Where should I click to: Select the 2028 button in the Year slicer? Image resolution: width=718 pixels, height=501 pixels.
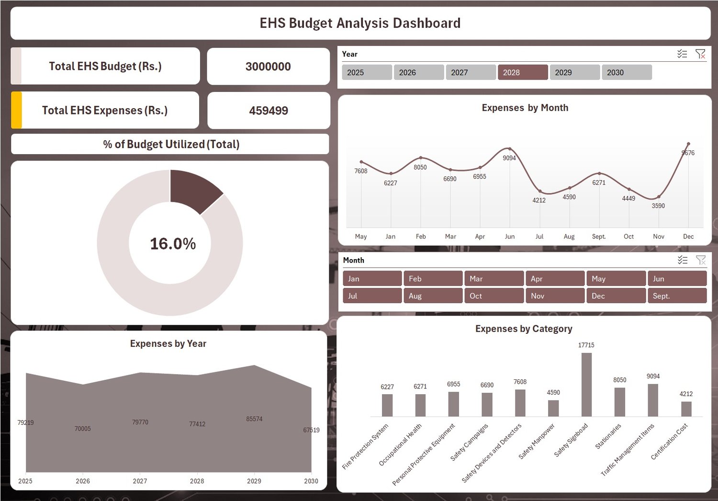click(x=523, y=72)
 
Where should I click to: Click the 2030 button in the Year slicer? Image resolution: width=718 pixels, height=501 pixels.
click(x=626, y=72)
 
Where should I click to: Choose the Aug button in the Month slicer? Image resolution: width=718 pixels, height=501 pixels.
click(x=433, y=296)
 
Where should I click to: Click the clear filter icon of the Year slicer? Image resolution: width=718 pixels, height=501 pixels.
click(x=700, y=54)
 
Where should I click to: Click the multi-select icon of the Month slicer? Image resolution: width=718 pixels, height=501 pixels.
click(x=683, y=260)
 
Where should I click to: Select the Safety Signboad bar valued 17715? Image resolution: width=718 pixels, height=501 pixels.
click(x=586, y=385)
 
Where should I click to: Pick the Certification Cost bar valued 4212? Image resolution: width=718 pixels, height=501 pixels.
click(x=686, y=409)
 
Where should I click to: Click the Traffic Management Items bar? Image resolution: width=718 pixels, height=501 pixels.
click(x=653, y=400)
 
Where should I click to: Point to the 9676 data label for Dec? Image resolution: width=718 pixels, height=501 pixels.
click(x=688, y=153)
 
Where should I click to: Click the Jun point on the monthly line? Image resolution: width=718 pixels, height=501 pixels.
click(x=510, y=149)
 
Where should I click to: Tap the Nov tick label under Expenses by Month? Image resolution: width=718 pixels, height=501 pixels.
click(x=659, y=237)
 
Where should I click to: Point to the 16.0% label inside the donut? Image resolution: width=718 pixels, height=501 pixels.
click(x=173, y=244)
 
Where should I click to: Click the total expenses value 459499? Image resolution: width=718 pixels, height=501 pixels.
click(x=269, y=111)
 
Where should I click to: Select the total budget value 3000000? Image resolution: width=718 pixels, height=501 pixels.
click(x=268, y=67)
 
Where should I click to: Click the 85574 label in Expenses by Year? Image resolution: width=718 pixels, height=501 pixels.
click(x=254, y=419)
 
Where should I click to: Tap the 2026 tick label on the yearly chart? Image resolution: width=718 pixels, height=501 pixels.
click(x=83, y=481)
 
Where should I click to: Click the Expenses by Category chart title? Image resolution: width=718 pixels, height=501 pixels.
click(x=524, y=329)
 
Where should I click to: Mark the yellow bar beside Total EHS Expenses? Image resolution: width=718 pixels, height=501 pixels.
click(x=16, y=110)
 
